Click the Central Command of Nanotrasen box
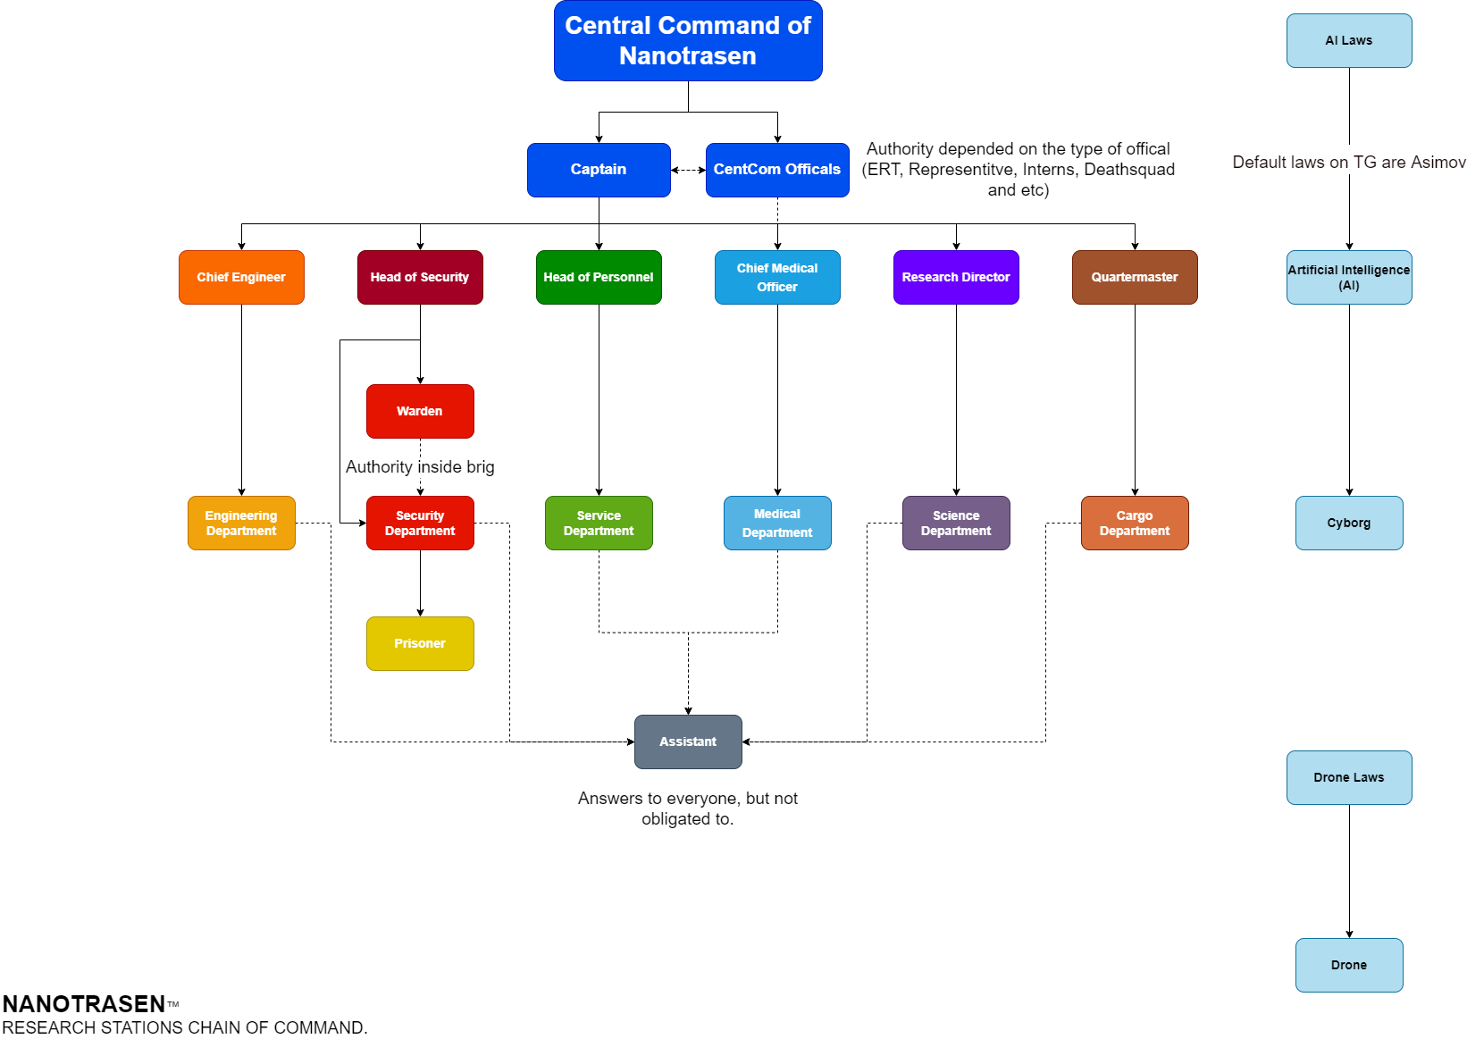pyautogui.click(x=688, y=40)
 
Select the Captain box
pyautogui.click(x=599, y=170)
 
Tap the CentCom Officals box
pyautogui.click(x=777, y=170)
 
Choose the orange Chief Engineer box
pyautogui.click(x=241, y=277)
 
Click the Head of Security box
pyautogui.click(x=420, y=277)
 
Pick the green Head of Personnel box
pyautogui.click(x=599, y=277)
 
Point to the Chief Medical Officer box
pyautogui.click(x=777, y=277)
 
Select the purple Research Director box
pyautogui.click(x=956, y=277)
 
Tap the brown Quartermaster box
pyautogui.click(x=1135, y=277)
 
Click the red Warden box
pyautogui.click(x=420, y=411)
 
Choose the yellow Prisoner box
pyautogui.click(x=420, y=643)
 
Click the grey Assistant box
pyautogui.click(x=688, y=742)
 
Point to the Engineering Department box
pyautogui.click(x=241, y=524)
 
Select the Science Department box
pyautogui.click(x=956, y=524)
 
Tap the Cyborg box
pyautogui.click(x=1349, y=524)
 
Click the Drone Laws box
pyautogui.click(x=1349, y=778)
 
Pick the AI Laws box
pyautogui.click(x=1349, y=40)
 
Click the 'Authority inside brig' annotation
pyautogui.click(x=420, y=467)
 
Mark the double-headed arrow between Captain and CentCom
pyautogui.click(x=688, y=171)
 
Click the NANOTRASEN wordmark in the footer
pyautogui.click(x=84, y=1003)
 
